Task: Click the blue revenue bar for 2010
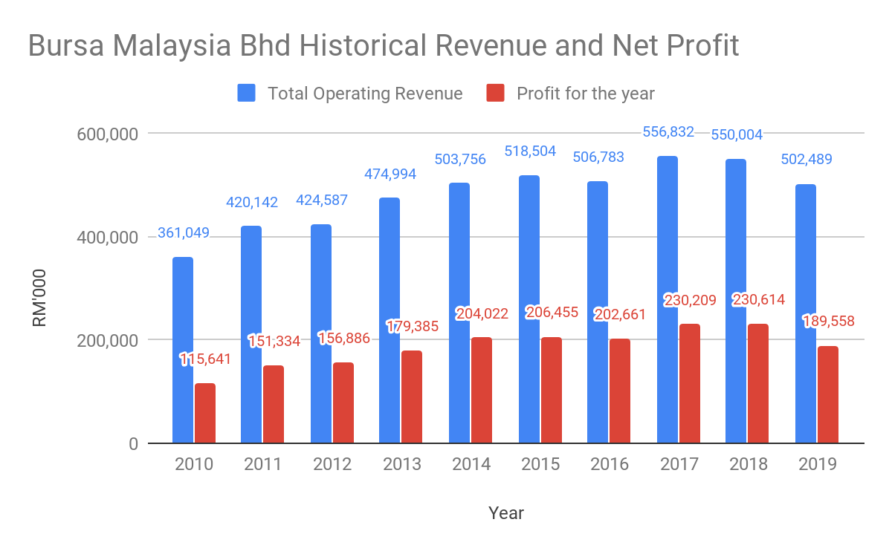pyautogui.click(x=183, y=350)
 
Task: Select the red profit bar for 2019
pyautogui.click(x=827, y=394)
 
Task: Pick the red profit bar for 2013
pyautogui.click(x=411, y=397)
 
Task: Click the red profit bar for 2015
pyautogui.click(x=551, y=390)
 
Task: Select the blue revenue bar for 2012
pyautogui.click(x=321, y=333)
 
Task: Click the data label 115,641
pyautogui.click(x=205, y=359)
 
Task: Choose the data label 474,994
pyautogui.click(x=390, y=175)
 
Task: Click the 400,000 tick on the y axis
pyautogui.click(x=108, y=238)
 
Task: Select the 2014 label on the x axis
pyautogui.click(x=470, y=465)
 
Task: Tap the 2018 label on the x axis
pyautogui.click(x=748, y=465)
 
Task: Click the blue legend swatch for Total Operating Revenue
pyautogui.click(x=247, y=94)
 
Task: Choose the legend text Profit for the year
pyautogui.click(x=586, y=94)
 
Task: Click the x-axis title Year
pyautogui.click(x=506, y=513)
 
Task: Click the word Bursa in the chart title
pyautogui.click(x=65, y=46)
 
